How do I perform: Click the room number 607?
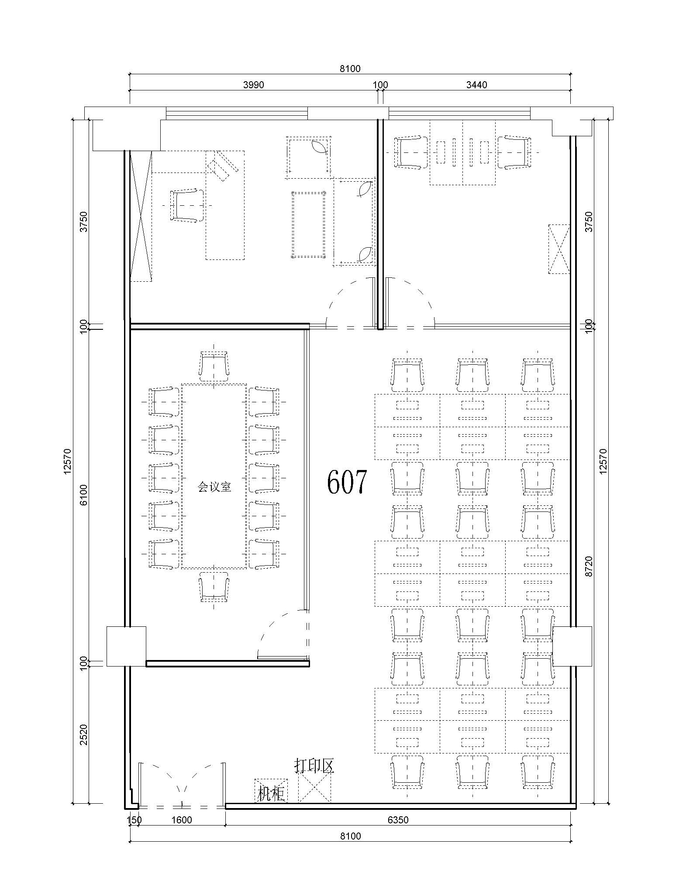[347, 482]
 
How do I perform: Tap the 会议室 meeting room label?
[214, 487]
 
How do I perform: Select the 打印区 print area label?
[314, 766]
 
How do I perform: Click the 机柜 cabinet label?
[271, 793]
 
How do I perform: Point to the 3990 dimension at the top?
[253, 85]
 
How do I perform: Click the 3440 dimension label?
[476, 85]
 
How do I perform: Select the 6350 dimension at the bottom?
[398, 820]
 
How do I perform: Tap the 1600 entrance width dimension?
[181, 820]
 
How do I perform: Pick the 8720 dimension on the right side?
[589, 567]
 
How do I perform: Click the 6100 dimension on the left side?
[83, 495]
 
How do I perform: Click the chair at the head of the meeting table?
[214, 366]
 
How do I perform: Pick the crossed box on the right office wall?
[559, 249]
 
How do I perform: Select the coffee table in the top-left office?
[309, 225]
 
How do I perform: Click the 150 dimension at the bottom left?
[134, 820]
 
